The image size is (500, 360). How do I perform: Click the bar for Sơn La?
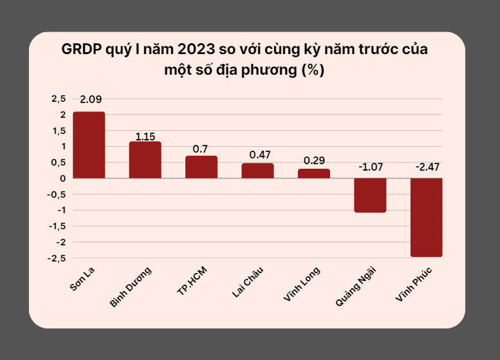pos(89,145)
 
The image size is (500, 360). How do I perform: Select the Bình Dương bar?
pos(145,160)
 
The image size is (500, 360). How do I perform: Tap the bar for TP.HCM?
pos(201,167)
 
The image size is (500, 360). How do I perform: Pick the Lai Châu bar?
pos(257,171)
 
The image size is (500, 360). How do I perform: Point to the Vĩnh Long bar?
pos(314,173)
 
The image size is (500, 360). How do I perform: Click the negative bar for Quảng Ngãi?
pos(370,195)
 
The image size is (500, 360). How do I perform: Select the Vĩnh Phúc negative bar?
pos(426,217)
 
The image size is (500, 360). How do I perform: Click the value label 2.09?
pos(90,100)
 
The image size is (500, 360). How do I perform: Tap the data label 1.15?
pos(145,137)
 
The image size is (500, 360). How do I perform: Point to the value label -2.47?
pos(427,167)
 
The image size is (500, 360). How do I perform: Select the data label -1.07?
pos(370,167)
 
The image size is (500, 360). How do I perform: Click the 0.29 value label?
pos(314,159)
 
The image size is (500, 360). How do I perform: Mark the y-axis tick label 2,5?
pos(59,99)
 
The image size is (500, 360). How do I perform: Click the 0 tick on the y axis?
pos(63,178)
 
